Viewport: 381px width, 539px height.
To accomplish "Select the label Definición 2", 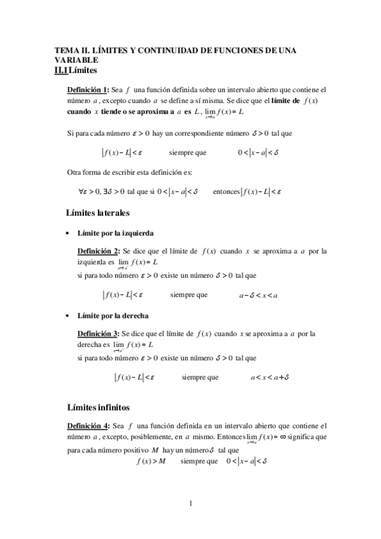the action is pos(98,251).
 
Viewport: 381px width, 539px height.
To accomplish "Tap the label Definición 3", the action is pos(98,333).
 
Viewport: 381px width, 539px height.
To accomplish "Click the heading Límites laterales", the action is pos(98,212).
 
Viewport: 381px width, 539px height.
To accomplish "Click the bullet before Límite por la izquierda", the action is pos(68,234).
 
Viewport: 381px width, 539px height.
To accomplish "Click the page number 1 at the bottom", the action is pos(190,505).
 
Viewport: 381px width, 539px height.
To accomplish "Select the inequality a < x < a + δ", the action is pos(270,377).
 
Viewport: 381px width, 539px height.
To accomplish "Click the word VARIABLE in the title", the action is pos(76,59).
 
